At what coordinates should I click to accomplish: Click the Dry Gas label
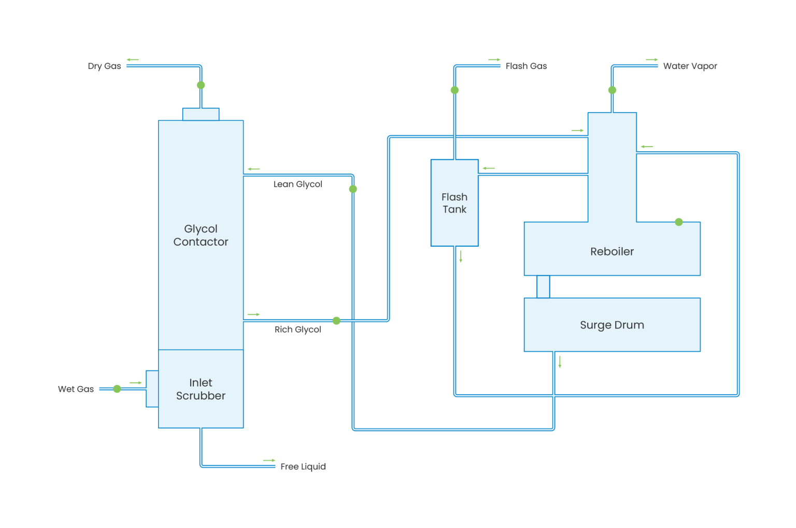click(x=104, y=66)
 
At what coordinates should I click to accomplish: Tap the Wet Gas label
click(x=76, y=389)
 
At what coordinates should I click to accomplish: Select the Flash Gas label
click(x=526, y=66)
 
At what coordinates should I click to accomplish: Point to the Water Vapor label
click(x=690, y=66)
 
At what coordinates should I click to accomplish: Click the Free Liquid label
click(x=303, y=467)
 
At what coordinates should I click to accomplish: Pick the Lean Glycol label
click(x=297, y=184)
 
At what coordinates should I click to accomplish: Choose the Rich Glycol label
click(x=297, y=330)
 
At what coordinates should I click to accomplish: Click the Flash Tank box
click(x=454, y=203)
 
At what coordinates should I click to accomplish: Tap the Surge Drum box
click(x=612, y=325)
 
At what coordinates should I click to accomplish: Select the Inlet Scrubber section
click(x=201, y=389)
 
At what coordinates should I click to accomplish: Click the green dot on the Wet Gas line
click(x=117, y=389)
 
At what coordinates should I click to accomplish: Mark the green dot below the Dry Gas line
click(x=201, y=85)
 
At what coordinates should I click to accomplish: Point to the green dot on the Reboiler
click(x=679, y=222)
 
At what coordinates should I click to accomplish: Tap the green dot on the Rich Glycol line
click(x=336, y=321)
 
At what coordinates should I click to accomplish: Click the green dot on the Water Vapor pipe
click(x=612, y=90)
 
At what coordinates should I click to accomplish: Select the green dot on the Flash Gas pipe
click(x=454, y=90)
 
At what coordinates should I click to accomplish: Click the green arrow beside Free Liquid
click(x=269, y=460)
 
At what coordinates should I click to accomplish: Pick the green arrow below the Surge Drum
click(x=560, y=362)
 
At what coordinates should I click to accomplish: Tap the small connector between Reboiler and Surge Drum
click(x=543, y=287)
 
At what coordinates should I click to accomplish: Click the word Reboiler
click(x=612, y=252)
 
